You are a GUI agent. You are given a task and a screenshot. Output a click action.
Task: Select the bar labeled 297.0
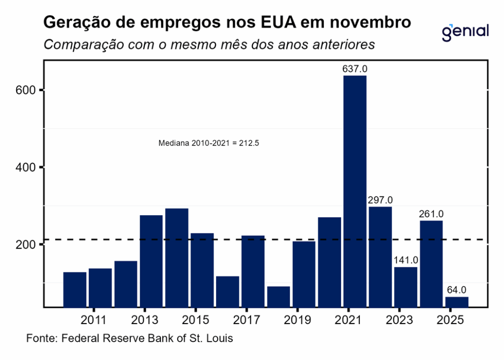pos(380,256)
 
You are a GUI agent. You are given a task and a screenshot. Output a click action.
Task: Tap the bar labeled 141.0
pos(406,287)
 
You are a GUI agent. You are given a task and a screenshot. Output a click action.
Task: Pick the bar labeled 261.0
pos(431,263)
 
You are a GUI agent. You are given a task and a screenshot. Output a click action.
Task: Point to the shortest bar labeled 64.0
pos(457,301)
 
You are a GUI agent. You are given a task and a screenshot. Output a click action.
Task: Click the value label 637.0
pos(355,69)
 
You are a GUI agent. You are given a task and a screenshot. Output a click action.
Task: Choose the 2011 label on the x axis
pos(94,320)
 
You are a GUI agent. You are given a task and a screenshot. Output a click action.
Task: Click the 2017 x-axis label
pos(246,320)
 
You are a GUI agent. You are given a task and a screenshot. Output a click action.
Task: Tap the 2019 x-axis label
pos(297,320)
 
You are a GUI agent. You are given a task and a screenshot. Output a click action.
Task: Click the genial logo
pos(465,32)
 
